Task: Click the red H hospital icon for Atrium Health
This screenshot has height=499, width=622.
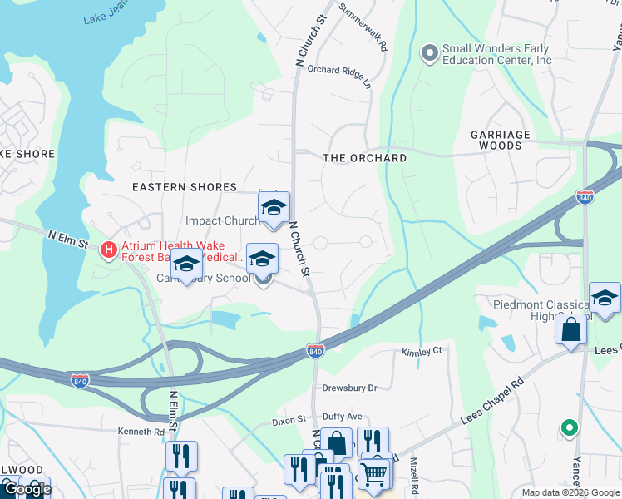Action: (x=106, y=249)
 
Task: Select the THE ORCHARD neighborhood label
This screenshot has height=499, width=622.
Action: (x=364, y=158)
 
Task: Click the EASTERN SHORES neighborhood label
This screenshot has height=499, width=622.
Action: (x=185, y=187)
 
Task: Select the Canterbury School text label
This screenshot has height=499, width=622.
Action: (x=204, y=278)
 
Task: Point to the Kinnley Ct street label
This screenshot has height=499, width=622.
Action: (x=422, y=352)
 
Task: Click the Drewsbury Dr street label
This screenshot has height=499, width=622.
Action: (x=350, y=388)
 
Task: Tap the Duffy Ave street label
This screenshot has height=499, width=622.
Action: (x=343, y=416)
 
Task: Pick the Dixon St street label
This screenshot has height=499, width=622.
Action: (x=289, y=422)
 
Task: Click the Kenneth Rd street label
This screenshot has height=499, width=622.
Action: (x=141, y=432)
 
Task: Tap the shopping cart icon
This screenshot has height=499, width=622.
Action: (x=375, y=472)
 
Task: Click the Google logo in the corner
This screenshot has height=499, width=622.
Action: (x=27, y=489)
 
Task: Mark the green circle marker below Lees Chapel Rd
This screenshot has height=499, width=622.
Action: (x=569, y=428)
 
